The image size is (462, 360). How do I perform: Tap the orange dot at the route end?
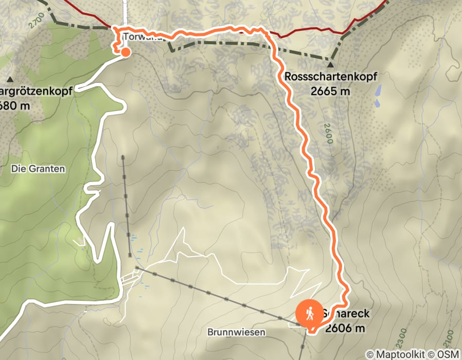(125, 51)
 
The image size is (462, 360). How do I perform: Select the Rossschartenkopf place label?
(330, 77)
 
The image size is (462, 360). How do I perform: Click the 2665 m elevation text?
(330, 92)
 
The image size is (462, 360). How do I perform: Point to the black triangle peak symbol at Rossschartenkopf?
(330, 65)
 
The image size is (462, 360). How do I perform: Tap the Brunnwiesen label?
(237, 332)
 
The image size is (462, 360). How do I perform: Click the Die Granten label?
(38, 168)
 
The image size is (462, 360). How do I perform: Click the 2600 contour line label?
(328, 134)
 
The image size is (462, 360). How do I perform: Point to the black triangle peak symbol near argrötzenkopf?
(10, 80)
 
